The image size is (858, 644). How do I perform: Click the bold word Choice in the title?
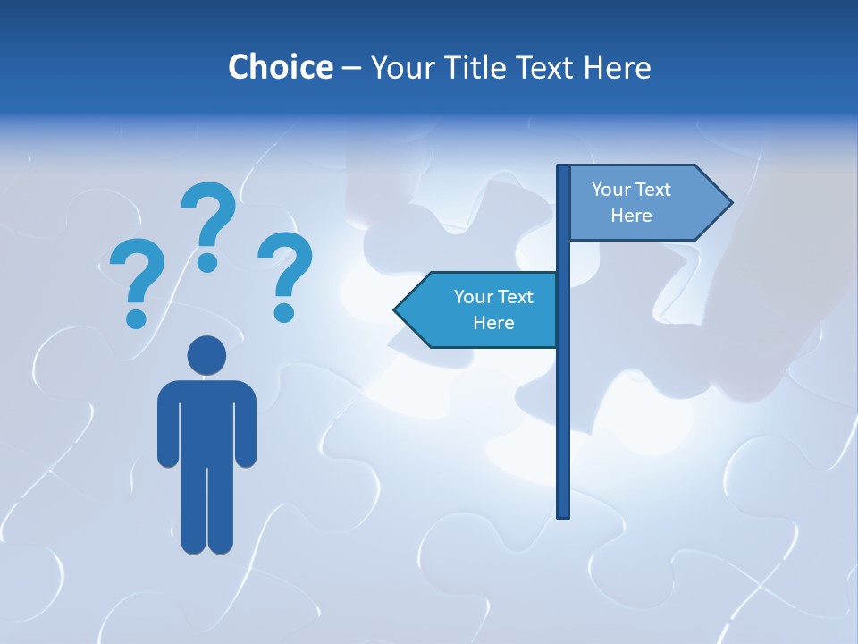click(x=280, y=67)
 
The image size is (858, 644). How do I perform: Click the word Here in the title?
click(x=617, y=67)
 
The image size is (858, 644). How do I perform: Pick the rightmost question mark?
click(x=286, y=273)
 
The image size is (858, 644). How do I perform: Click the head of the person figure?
click(x=206, y=355)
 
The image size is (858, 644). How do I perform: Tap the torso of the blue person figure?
click(x=206, y=420)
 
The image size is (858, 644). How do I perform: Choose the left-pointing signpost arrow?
click(x=478, y=309)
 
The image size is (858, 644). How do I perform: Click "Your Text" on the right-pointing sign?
click(x=631, y=190)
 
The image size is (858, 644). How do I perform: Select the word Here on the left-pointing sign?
click(x=493, y=323)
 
